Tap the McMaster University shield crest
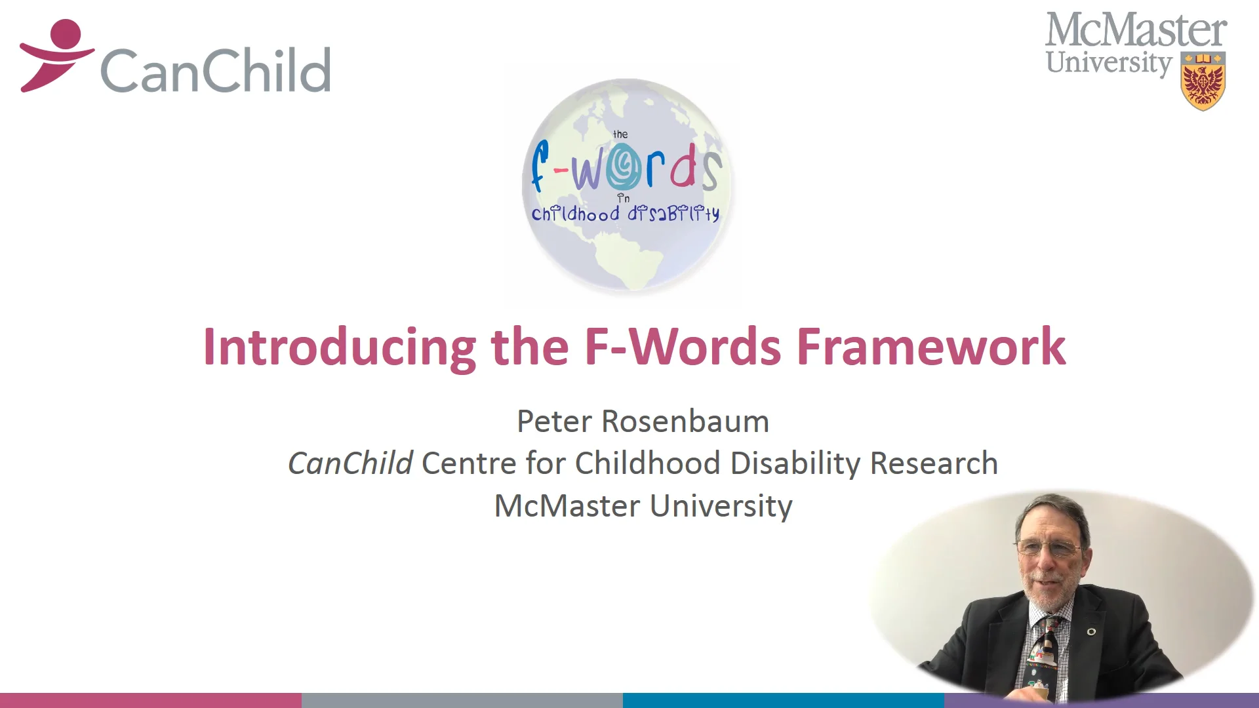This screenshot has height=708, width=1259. [1203, 81]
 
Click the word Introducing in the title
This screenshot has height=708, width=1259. [340, 347]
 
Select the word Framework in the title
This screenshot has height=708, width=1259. [930, 347]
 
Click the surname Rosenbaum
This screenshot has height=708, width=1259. [685, 422]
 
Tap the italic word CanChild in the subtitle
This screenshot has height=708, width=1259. [350, 463]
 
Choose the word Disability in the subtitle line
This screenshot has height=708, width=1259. [795, 463]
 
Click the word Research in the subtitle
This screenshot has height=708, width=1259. [934, 463]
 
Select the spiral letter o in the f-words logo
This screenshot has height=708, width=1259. [624, 168]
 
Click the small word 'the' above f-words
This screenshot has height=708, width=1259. [620, 134]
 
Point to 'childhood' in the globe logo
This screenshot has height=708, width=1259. [575, 214]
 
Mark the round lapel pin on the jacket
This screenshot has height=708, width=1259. [1091, 631]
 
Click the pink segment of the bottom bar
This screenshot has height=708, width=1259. [151, 700]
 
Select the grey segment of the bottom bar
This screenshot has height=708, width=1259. [462, 700]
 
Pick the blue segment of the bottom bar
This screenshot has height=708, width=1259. [784, 700]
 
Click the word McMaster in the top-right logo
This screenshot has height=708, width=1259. [1136, 30]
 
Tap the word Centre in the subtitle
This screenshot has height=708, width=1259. [469, 463]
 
